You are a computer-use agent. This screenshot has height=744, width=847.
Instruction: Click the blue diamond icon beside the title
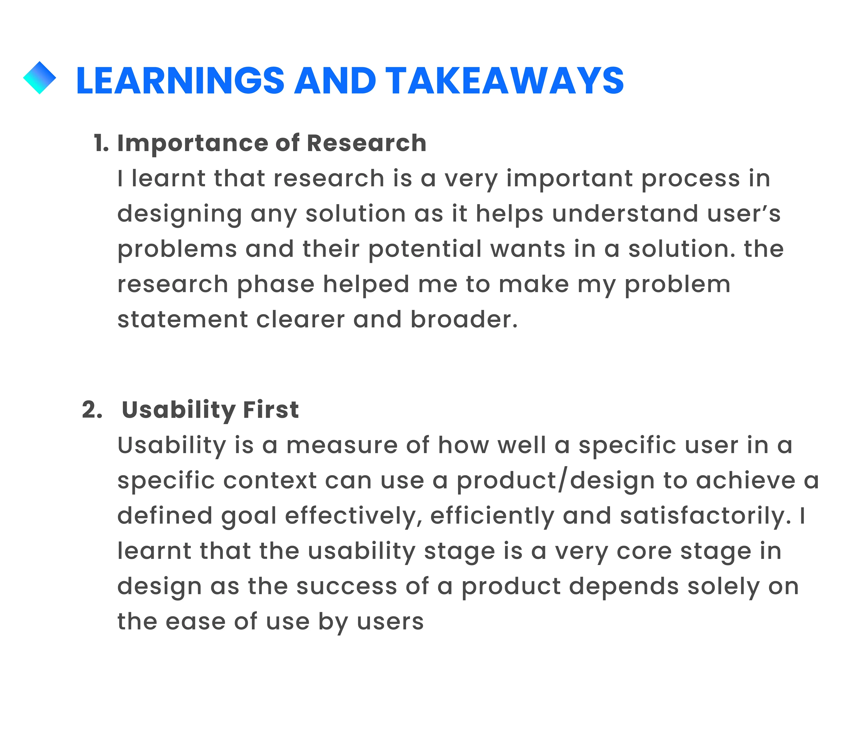pyautogui.click(x=39, y=78)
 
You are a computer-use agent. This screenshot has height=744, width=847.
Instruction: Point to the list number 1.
pyautogui.click(x=101, y=143)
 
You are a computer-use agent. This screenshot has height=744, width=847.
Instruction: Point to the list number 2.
pyautogui.click(x=92, y=410)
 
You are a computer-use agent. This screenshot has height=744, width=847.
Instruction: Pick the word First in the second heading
pyautogui.click(x=271, y=410)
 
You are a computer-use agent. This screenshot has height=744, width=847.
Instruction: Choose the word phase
pyautogui.click(x=275, y=285)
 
